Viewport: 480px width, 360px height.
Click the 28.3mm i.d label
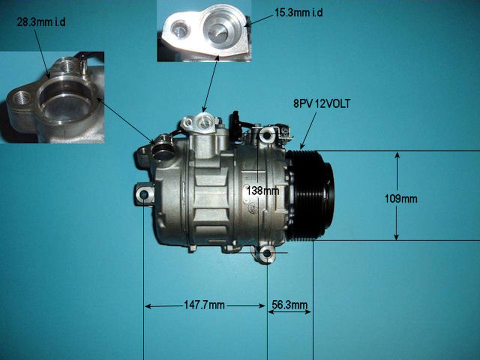click(x=41, y=22)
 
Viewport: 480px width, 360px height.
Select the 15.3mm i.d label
click(x=298, y=13)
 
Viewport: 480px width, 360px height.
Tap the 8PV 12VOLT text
click(x=321, y=104)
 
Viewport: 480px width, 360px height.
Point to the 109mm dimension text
click(x=401, y=198)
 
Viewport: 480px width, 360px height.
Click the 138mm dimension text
click(x=262, y=191)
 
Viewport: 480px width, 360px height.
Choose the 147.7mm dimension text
click(x=204, y=305)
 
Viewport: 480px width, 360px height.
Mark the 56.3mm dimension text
click(x=289, y=305)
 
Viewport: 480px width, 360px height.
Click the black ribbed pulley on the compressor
click(x=311, y=195)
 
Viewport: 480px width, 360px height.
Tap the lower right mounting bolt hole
click(x=267, y=253)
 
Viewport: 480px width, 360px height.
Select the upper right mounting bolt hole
click(x=267, y=134)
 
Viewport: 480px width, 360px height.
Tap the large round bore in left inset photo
click(x=66, y=105)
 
